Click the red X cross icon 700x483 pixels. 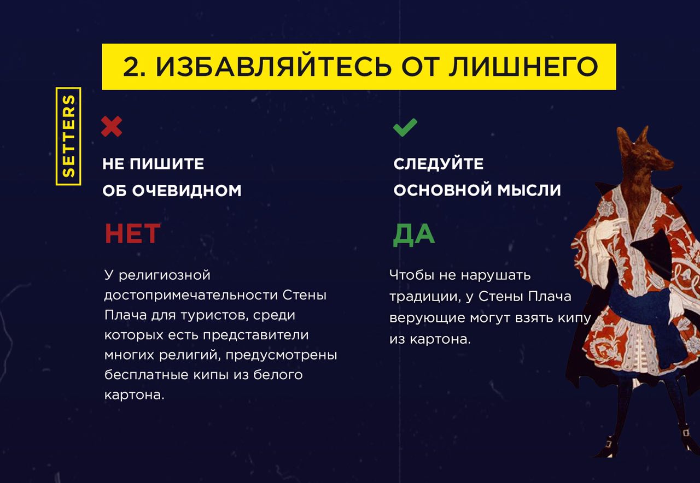coord(112,126)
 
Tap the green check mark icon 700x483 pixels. coord(405,127)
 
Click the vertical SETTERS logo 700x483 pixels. coord(68,136)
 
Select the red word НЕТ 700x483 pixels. coord(132,233)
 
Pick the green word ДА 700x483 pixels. coord(413,234)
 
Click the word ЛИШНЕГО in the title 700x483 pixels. coord(523,66)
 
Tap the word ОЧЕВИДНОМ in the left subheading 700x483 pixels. coord(187,191)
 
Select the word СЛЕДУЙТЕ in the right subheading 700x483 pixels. coord(439,164)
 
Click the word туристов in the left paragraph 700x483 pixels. coord(215,315)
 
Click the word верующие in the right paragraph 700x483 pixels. coord(428,318)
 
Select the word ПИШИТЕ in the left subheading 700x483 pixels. coord(167,164)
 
